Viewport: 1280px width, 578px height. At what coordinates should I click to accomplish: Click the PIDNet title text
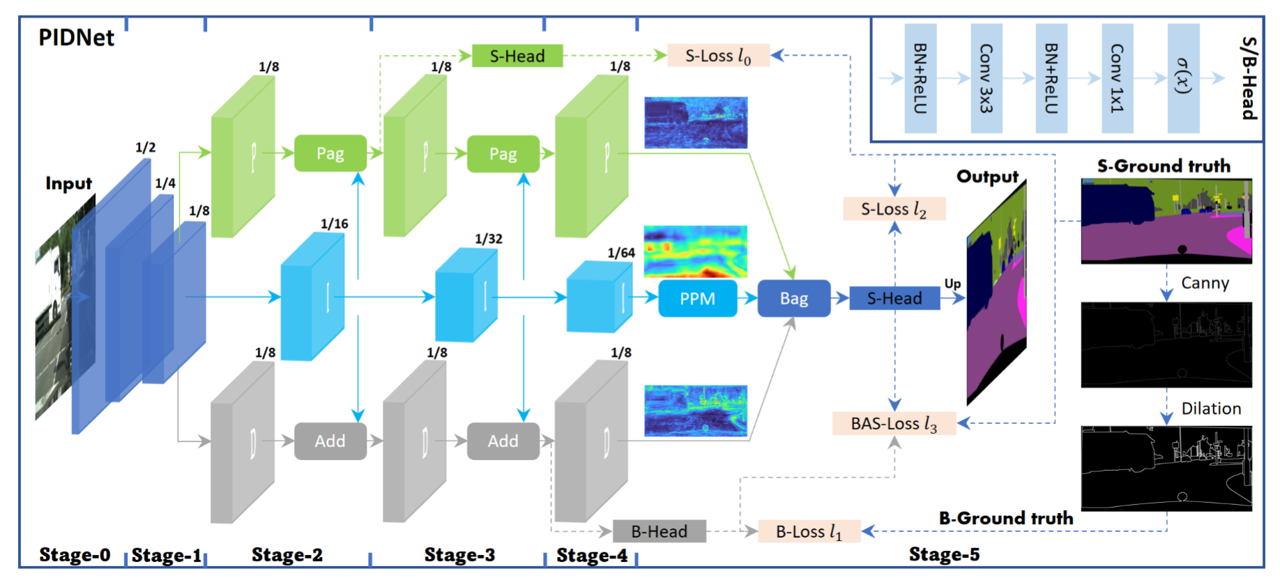pyautogui.click(x=76, y=38)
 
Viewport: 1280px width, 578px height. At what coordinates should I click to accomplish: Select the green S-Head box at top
pyautogui.click(x=517, y=56)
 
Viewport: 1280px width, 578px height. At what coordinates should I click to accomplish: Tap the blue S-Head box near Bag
pyautogui.click(x=894, y=298)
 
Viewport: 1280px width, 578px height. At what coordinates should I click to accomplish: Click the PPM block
pyautogui.click(x=697, y=298)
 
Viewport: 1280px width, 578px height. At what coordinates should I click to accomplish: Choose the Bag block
pyautogui.click(x=793, y=298)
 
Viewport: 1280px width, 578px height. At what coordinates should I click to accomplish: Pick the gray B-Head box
pyautogui.click(x=659, y=531)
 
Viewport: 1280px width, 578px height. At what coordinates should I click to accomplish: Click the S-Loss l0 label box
pyautogui.click(x=718, y=56)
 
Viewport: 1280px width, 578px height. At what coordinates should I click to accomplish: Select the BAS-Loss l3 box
pyautogui.click(x=894, y=423)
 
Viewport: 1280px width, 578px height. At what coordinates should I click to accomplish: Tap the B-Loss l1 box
pyautogui.click(x=809, y=531)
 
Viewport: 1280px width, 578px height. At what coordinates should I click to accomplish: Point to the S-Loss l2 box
pyautogui.click(x=894, y=208)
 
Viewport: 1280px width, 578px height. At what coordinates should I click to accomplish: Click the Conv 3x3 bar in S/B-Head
pyautogui.click(x=986, y=78)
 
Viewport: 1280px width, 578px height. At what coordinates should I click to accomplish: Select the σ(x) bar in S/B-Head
pyautogui.click(x=1183, y=78)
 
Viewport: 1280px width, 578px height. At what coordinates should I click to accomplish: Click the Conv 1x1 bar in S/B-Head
pyautogui.click(x=1117, y=78)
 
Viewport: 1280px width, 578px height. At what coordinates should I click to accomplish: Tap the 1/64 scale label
pyautogui.click(x=620, y=252)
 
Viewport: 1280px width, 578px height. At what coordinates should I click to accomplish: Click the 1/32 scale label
pyautogui.click(x=488, y=238)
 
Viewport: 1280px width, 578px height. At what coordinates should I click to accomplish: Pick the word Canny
pyautogui.click(x=1205, y=283)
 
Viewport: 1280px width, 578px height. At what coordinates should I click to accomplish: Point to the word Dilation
pyautogui.click(x=1211, y=409)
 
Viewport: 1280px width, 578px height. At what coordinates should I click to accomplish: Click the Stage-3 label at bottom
pyautogui.click(x=459, y=555)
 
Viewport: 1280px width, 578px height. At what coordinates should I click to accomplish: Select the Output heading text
pyautogui.click(x=987, y=176)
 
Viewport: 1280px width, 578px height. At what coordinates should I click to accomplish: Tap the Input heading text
pyautogui.click(x=68, y=183)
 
